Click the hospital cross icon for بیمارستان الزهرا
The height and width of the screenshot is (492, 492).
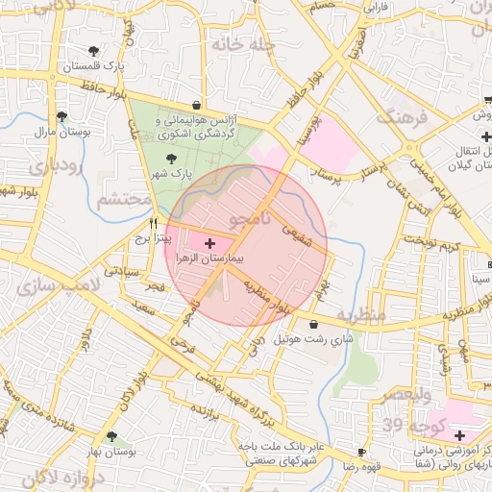tap(210, 245)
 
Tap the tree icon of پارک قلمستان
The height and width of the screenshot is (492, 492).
tap(93, 51)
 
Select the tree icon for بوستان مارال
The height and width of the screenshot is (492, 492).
tap(61, 117)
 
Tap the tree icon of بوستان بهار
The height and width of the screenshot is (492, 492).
tap(111, 436)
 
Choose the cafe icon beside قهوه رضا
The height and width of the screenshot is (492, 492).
tap(361, 452)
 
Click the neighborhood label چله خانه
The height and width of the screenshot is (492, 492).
tap(244, 45)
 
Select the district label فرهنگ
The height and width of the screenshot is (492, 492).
tap(401, 118)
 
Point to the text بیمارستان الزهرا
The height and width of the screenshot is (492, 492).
tap(209, 259)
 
